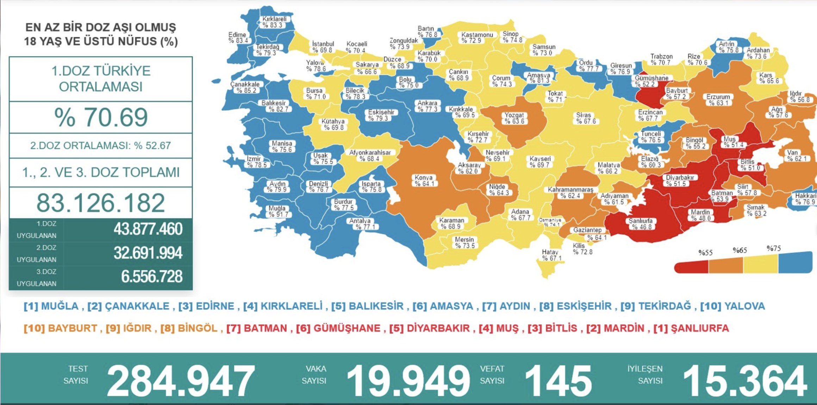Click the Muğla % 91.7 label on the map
click(x=277, y=211)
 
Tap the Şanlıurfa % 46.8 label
click(x=641, y=224)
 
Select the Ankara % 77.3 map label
click(x=427, y=106)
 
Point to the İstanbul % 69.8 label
click(x=323, y=47)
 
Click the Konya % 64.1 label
click(x=424, y=181)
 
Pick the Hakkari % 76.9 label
click(x=805, y=199)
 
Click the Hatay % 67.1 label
click(x=550, y=255)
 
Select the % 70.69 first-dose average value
click(x=101, y=117)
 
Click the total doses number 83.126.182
click(x=101, y=203)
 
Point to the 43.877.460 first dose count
click(x=148, y=229)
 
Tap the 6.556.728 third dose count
click(x=151, y=277)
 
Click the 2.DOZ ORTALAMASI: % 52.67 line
click(x=101, y=145)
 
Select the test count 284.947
click(x=180, y=381)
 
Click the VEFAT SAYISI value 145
click(x=558, y=381)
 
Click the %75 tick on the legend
click(x=773, y=249)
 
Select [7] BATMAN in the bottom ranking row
click(x=257, y=328)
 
